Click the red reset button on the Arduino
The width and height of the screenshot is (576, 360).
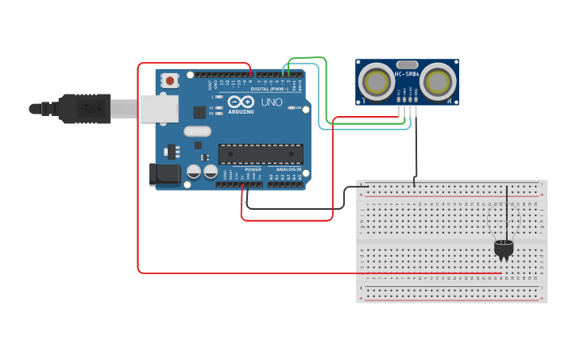169,80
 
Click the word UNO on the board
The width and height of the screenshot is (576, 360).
272,103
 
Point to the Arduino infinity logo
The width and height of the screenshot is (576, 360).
241,103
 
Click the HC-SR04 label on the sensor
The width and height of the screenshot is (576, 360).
407,75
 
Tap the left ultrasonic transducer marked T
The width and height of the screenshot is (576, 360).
375,80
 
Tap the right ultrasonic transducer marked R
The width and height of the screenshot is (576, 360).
439,80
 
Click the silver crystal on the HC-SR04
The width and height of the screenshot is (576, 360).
407,64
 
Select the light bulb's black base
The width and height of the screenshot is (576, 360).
503,250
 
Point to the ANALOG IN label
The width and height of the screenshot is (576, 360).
289,170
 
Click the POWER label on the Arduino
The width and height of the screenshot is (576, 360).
253,170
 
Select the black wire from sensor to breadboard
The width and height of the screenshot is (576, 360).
415,151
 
